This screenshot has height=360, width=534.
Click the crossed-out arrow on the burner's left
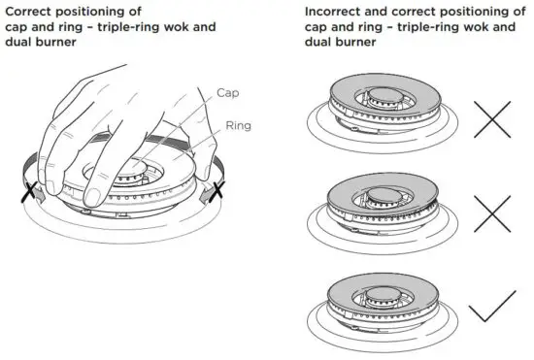(30, 188)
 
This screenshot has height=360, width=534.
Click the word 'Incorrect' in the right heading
(333, 11)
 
